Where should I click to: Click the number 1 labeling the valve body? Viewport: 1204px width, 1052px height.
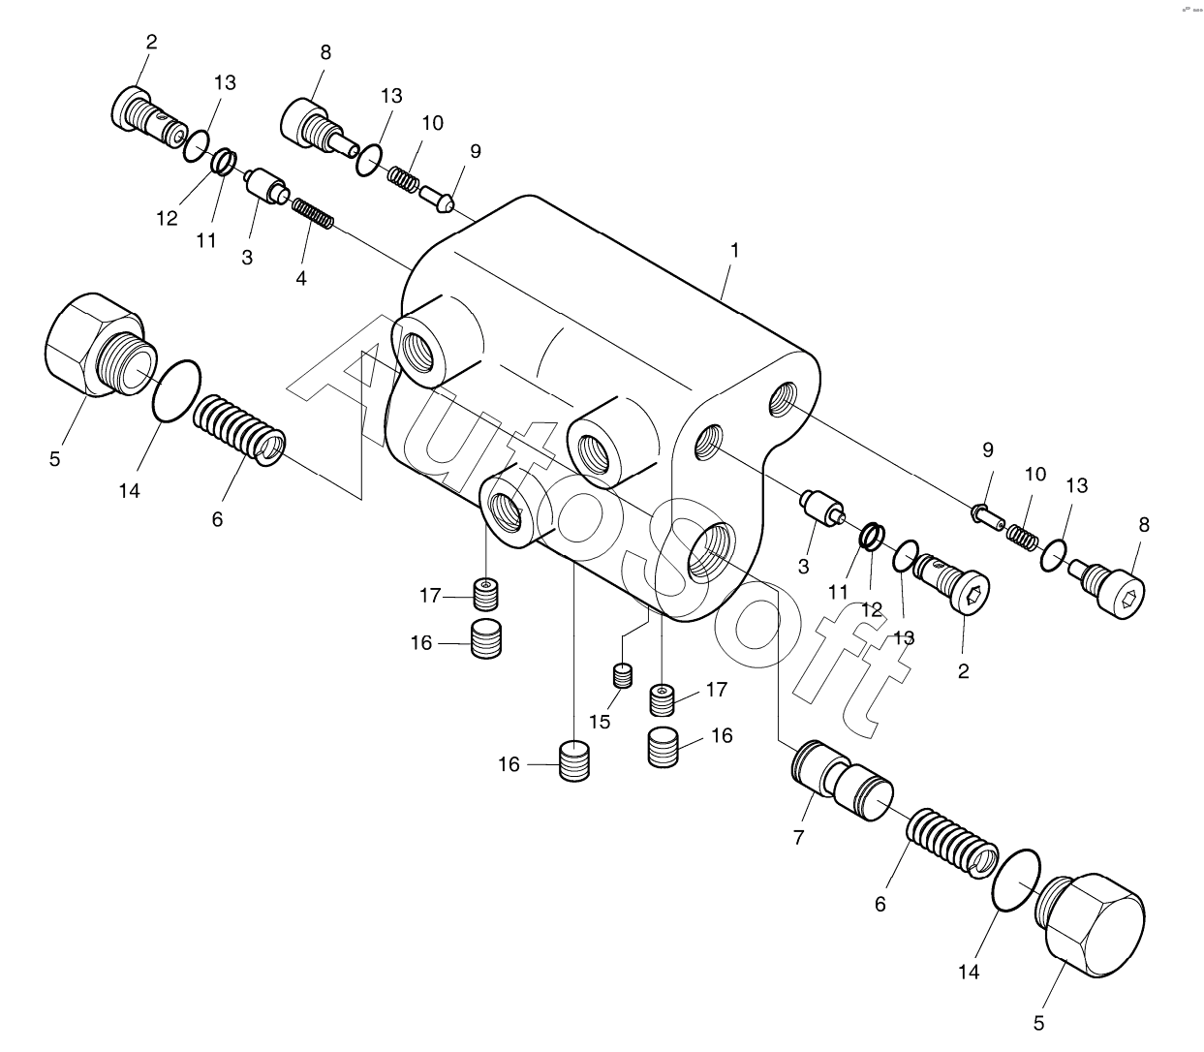[735, 250]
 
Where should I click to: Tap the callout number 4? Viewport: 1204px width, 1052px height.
[301, 278]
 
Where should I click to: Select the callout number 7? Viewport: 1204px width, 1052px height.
[799, 838]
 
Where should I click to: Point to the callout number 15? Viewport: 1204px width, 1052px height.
[601, 722]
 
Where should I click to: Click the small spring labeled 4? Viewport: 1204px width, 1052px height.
[313, 213]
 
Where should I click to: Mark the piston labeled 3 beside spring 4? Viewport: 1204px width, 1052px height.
[263, 185]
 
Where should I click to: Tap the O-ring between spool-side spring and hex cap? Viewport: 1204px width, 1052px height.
[1017, 880]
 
